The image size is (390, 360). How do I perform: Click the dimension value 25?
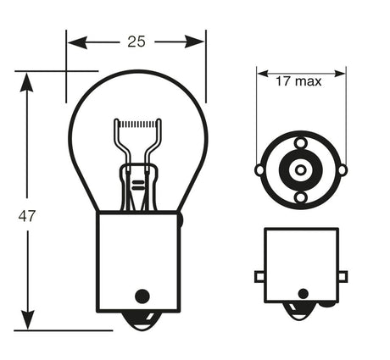(136, 41)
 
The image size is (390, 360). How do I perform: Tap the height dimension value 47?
(27, 216)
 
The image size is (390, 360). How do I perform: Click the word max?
(311, 82)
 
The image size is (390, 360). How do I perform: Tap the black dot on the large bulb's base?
(142, 296)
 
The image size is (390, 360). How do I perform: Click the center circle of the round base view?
(300, 169)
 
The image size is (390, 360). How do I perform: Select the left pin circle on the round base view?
(259, 169)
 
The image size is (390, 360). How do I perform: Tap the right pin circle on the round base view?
(342, 169)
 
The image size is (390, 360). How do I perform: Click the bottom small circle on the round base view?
(300, 197)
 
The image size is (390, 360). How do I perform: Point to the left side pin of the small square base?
(259, 276)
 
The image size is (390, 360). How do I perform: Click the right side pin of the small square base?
(342, 276)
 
